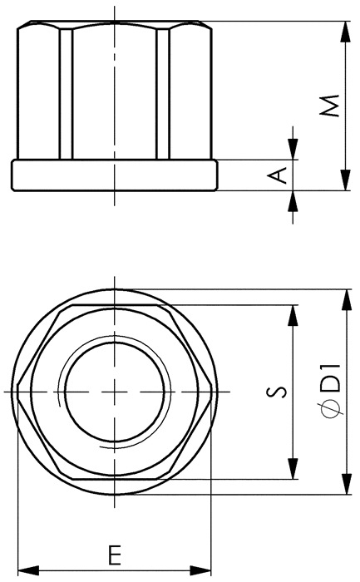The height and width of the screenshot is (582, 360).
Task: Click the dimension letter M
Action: [330, 106]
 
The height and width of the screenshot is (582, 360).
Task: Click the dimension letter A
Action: [278, 175]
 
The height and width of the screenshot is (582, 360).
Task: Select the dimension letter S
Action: [277, 392]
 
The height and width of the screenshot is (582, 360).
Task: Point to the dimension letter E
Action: [116, 555]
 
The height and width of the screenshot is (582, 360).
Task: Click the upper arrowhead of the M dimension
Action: [346, 32]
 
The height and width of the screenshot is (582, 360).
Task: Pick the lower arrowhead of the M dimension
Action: [346, 180]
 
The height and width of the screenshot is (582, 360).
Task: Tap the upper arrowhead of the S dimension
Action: [293, 315]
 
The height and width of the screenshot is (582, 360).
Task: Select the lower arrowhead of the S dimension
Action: [293, 468]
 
